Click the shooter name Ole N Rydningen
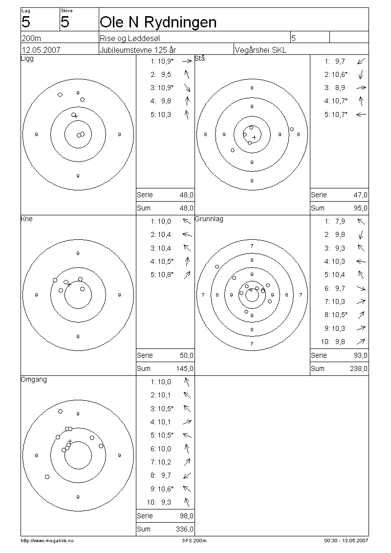click(158, 23)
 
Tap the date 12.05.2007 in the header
click(41, 50)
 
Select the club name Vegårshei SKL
click(261, 50)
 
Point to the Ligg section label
click(27, 59)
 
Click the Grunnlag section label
click(209, 219)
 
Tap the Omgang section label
click(34, 380)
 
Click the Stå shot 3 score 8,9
click(340, 88)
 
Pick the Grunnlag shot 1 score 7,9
click(340, 222)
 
